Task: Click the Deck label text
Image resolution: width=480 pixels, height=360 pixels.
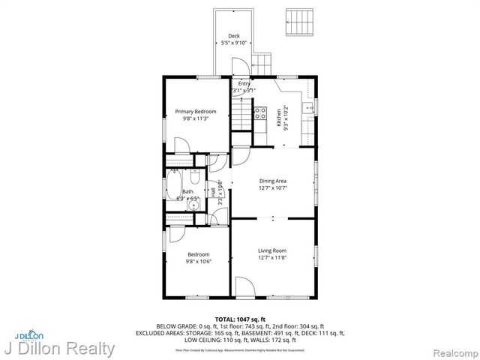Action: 234,35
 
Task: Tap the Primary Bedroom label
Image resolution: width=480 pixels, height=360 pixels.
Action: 184,112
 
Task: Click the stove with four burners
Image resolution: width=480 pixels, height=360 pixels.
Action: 261,114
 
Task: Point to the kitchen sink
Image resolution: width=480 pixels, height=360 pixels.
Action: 308,109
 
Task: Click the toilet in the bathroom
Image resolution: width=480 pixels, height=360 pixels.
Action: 195,179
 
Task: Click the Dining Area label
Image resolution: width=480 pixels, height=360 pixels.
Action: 273,181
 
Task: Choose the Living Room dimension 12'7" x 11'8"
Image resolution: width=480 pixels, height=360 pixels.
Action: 273,259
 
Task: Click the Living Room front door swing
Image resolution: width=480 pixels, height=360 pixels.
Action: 245,286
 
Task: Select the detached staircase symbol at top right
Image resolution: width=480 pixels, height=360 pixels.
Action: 298,22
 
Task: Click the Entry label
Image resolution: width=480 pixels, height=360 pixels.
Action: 244,84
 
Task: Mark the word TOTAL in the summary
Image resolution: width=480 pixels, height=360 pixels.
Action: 226,319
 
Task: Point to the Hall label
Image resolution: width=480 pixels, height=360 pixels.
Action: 213,192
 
